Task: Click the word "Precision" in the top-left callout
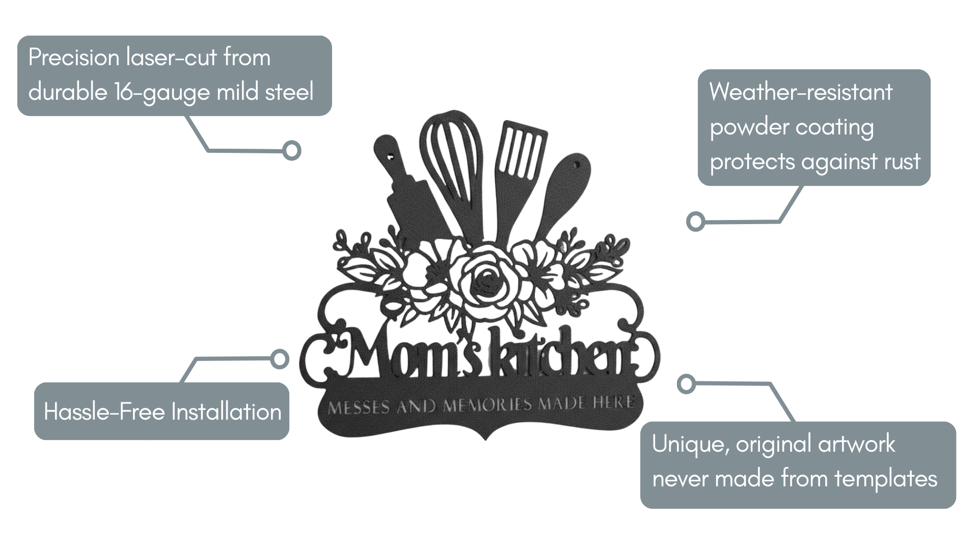click(x=73, y=58)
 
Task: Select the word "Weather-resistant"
click(x=801, y=92)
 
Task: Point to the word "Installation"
click(x=226, y=411)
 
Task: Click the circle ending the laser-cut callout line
click(x=292, y=151)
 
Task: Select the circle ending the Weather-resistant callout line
click(x=695, y=222)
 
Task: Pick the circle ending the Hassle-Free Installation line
click(x=279, y=359)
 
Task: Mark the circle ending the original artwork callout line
click(x=686, y=383)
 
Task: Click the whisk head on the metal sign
click(x=451, y=153)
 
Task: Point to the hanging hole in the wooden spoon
click(x=577, y=166)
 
